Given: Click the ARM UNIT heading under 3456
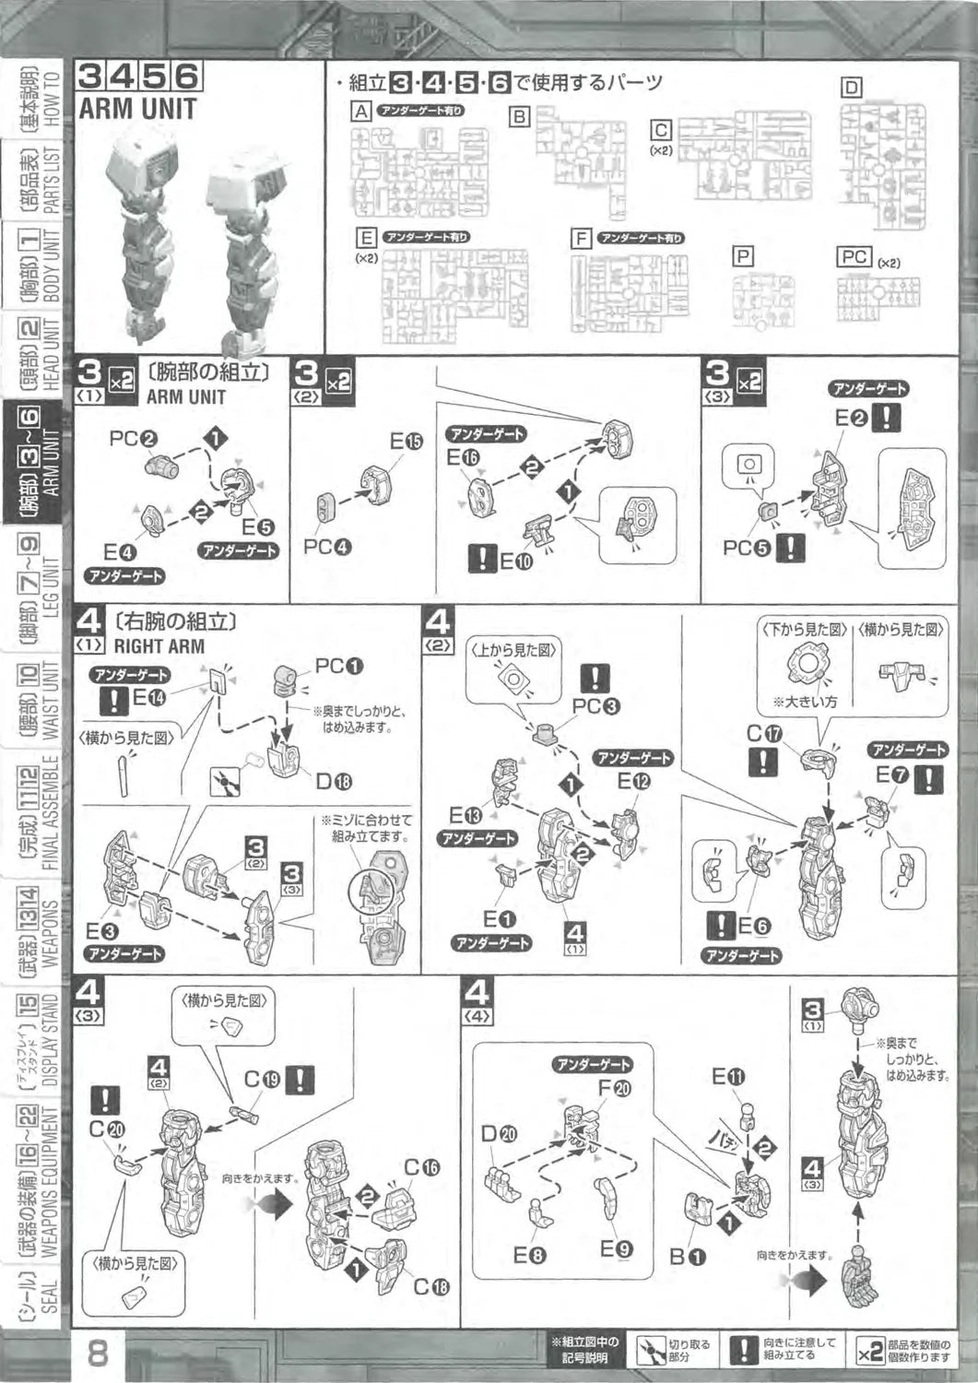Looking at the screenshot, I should (x=137, y=109).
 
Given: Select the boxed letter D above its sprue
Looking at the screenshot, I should (x=851, y=88).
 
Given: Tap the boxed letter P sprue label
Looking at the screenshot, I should (x=742, y=257).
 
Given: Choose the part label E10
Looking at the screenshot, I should (x=514, y=559).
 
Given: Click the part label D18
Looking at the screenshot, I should (x=334, y=782).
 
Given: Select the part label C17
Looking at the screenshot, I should (x=764, y=734).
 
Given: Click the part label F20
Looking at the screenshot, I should (x=614, y=1089).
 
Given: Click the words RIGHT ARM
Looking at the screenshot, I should (x=159, y=645).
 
